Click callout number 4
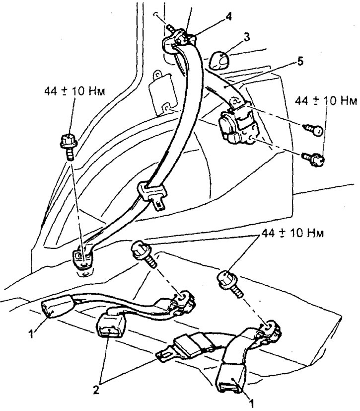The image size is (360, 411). click(x=228, y=16)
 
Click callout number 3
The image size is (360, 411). click(x=246, y=37)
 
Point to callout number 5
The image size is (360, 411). click(x=300, y=61)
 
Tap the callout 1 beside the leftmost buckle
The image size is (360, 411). click(x=31, y=334)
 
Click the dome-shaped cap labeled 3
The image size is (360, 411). click(x=218, y=61)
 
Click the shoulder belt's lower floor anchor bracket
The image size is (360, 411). click(x=83, y=259)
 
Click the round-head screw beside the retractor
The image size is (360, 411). click(x=313, y=130)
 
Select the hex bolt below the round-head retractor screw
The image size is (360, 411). click(x=313, y=158)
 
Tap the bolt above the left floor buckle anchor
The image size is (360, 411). click(x=144, y=254)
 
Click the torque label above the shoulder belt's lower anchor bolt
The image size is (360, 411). click(x=74, y=91)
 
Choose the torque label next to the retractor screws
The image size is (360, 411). click(x=326, y=101)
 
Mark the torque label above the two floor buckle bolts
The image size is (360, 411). click(x=292, y=233)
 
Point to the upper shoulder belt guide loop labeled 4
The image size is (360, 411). click(x=181, y=40)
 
